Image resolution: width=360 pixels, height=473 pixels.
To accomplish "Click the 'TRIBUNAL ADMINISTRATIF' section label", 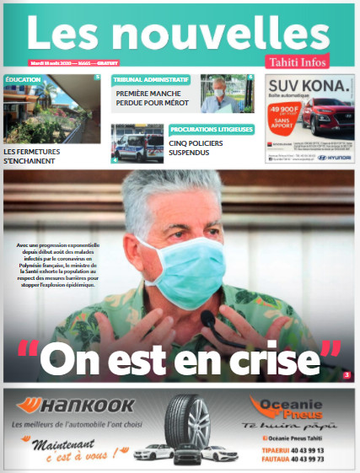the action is point(150,80).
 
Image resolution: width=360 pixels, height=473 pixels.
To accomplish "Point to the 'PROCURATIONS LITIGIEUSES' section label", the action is point(211,130).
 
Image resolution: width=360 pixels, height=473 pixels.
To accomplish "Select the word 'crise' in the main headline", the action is point(281,357).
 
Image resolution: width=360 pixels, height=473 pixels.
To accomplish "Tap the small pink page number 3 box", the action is point(347,374).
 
